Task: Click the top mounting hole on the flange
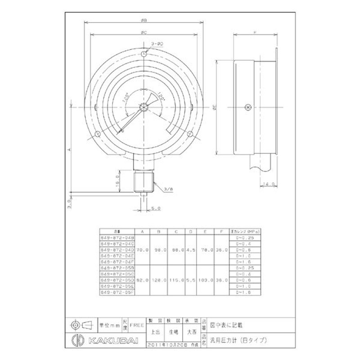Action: (x=144, y=54)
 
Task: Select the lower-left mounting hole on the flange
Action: (x=98, y=133)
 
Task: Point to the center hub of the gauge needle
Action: (x=143, y=107)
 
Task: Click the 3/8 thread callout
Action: (x=168, y=189)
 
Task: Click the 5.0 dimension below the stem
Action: (x=155, y=208)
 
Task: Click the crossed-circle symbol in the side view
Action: (x=247, y=107)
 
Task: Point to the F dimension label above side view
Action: (x=255, y=33)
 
